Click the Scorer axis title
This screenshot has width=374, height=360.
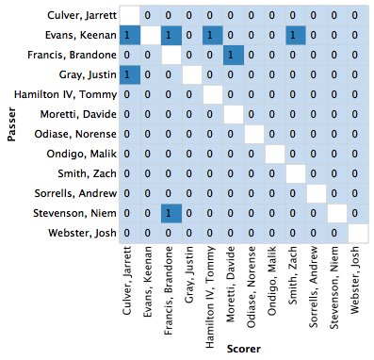point(240,349)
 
